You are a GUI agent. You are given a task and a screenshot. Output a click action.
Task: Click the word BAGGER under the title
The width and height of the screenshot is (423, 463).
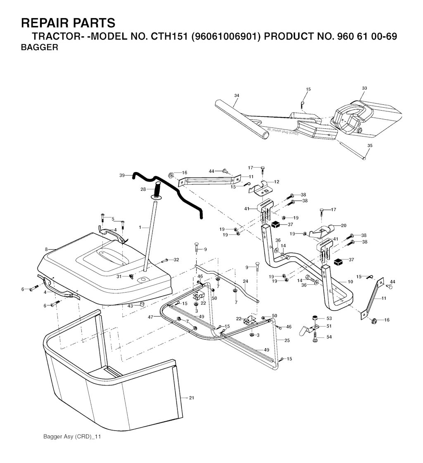[39, 47]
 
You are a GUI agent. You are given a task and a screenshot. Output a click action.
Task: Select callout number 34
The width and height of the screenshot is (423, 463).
[237, 96]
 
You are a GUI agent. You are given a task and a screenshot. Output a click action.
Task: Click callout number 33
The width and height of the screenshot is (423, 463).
[364, 88]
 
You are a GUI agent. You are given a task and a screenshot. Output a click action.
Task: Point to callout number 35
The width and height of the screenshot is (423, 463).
[370, 146]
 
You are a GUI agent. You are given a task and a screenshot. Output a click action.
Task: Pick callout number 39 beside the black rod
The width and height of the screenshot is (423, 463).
[122, 175]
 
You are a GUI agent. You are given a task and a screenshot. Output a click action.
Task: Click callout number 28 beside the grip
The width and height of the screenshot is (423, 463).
[143, 189]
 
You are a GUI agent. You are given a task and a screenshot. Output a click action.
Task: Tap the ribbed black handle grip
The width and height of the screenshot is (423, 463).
[157, 191]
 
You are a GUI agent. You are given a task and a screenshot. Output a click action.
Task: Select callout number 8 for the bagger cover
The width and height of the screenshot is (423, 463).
[47, 249]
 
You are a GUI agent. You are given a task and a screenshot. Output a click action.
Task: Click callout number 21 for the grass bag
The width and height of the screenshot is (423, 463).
[191, 398]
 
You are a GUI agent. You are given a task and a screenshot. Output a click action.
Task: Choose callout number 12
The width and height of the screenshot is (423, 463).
[277, 182]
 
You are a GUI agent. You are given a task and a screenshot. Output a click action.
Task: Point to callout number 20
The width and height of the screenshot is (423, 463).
[343, 225]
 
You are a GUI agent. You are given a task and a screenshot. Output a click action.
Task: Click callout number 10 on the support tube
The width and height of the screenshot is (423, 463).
[350, 282]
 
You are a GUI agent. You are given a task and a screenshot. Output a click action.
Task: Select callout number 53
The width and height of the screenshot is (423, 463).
[329, 318]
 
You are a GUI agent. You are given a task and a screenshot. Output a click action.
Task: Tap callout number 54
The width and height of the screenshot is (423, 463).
[329, 338]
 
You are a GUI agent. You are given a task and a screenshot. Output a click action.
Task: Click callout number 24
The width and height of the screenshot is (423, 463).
[245, 281]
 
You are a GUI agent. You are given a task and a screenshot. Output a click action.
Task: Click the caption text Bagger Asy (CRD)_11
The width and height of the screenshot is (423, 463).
[72, 437]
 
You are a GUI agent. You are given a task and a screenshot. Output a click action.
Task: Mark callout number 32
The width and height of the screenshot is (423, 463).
[176, 260]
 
